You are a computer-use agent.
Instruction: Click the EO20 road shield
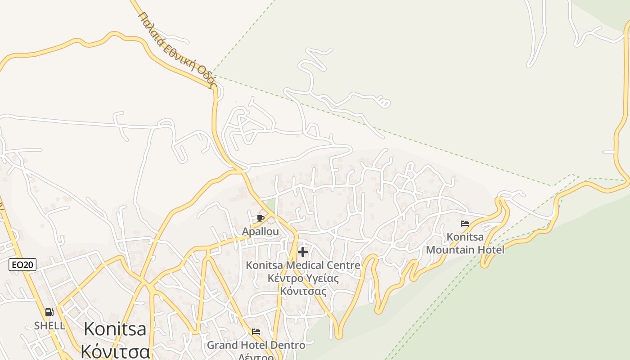[x=22, y=265]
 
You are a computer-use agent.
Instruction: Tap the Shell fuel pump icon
[x=49, y=312]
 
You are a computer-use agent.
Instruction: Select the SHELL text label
[x=49, y=325]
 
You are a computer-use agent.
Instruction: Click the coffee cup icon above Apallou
[x=260, y=219]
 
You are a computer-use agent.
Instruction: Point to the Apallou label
[x=261, y=231]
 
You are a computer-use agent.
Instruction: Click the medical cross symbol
[x=303, y=252]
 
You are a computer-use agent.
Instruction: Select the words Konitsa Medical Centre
[x=303, y=265]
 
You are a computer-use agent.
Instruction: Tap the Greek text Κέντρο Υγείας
[x=303, y=278]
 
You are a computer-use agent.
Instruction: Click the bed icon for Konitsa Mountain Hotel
[x=465, y=224]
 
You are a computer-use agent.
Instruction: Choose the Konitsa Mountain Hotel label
[x=465, y=243]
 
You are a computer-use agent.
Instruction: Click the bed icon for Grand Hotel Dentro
[x=256, y=332]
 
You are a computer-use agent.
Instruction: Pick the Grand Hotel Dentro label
[x=256, y=346]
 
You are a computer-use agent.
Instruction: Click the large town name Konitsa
[x=115, y=329]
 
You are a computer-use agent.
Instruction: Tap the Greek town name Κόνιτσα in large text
[x=115, y=351]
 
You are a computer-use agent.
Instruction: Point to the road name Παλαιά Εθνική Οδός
[x=178, y=49]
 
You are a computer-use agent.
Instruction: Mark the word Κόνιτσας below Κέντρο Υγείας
[x=303, y=291]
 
